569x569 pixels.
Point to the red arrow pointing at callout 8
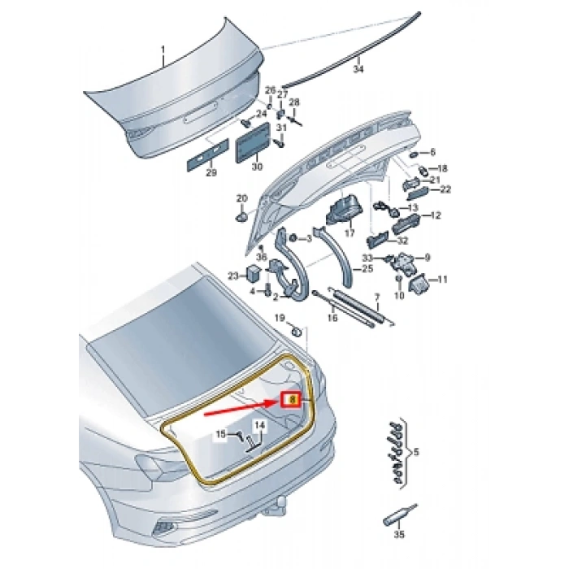pos(241,406)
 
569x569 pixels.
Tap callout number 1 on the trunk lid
pos(163,50)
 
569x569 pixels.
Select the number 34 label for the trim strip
pos(358,69)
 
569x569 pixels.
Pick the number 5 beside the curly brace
pos(416,452)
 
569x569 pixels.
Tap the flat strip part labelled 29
pos(207,154)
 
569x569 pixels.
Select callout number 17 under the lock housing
pos(350,232)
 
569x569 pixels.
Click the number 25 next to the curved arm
pos(367,269)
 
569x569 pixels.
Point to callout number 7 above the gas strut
pos(377,298)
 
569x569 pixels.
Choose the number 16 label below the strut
pos(332,318)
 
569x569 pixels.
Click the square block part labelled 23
pos(254,273)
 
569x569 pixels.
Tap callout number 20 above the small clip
pos(241,198)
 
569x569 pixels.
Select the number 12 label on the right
pos(436,215)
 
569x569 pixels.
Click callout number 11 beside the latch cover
pos(442,280)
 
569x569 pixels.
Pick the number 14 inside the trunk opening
pos(259,425)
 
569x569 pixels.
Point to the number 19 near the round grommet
pos(280,319)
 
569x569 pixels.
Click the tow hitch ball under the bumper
pos(281,502)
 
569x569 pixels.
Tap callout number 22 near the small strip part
pos(445,189)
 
